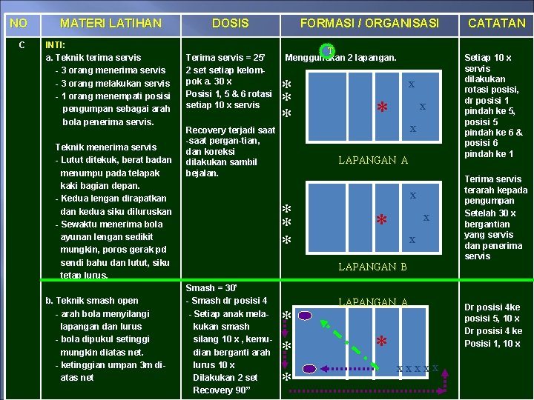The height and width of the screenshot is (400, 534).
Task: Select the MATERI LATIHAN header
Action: click(x=111, y=23)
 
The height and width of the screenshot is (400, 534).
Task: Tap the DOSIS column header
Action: click(x=231, y=23)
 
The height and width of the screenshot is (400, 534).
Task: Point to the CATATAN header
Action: click(x=496, y=23)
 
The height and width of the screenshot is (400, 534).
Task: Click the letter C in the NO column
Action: click(x=22, y=44)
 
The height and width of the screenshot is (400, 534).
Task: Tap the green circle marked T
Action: click(x=328, y=52)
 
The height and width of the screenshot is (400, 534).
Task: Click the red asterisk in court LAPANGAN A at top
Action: click(x=383, y=108)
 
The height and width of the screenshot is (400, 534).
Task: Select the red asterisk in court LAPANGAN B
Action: click(x=382, y=221)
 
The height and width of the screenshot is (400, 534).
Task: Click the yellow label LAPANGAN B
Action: click(x=372, y=267)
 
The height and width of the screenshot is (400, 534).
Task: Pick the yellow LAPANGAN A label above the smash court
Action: click(x=372, y=302)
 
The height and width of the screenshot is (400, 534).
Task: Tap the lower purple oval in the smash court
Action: click(x=310, y=368)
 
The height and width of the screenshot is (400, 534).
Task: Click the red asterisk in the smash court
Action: click(x=382, y=342)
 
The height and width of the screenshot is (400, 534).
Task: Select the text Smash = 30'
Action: click(x=211, y=288)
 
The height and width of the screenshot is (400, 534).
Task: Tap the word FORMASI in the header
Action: click(x=326, y=23)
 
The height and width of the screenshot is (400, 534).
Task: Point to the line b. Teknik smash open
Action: click(x=92, y=301)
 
